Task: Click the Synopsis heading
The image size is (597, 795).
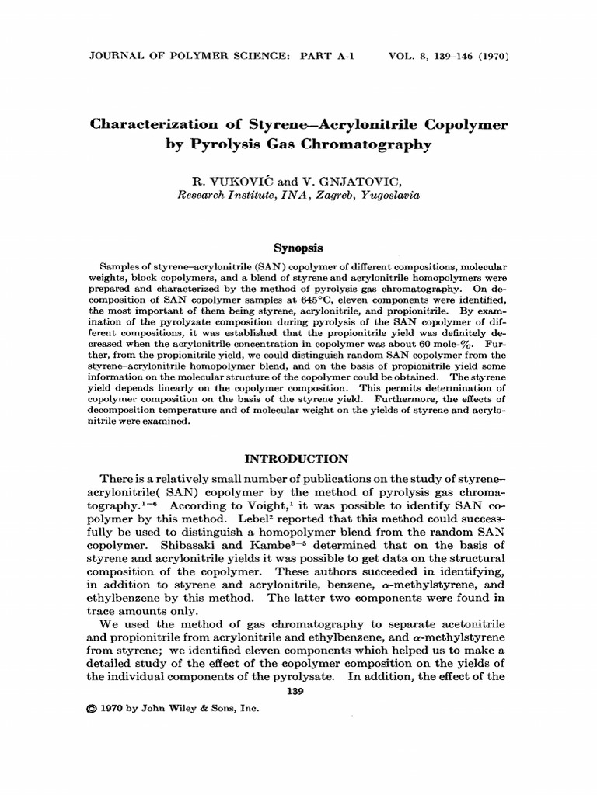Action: pos(298,248)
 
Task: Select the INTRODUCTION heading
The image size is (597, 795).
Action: pos(298,459)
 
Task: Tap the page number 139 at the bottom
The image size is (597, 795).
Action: pos(298,691)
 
